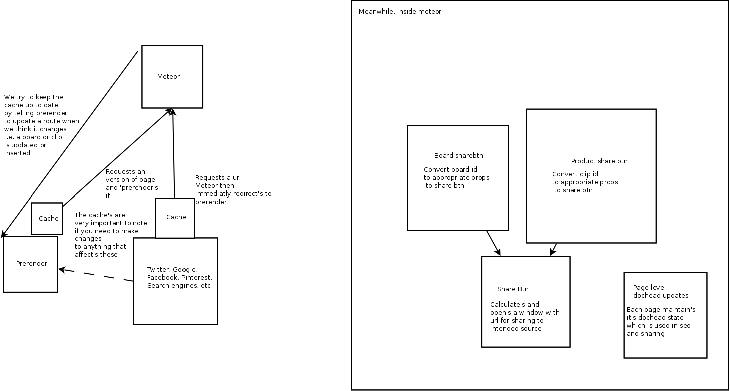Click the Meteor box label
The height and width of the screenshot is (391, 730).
tap(168, 77)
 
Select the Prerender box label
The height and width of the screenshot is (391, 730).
tap(32, 264)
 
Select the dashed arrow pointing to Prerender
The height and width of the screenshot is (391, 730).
tap(95, 276)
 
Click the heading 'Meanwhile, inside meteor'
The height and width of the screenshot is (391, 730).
tap(400, 12)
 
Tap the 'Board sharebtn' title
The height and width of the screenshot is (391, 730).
tap(458, 156)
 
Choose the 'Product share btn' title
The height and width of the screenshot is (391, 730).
tap(599, 161)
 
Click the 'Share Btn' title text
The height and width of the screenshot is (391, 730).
tap(513, 289)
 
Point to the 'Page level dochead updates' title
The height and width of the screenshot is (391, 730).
tap(660, 292)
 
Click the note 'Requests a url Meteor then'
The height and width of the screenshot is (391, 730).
tap(232, 189)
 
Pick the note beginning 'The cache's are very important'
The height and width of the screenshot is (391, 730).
tap(106, 235)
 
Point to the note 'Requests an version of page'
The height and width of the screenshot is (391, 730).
tap(132, 184)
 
